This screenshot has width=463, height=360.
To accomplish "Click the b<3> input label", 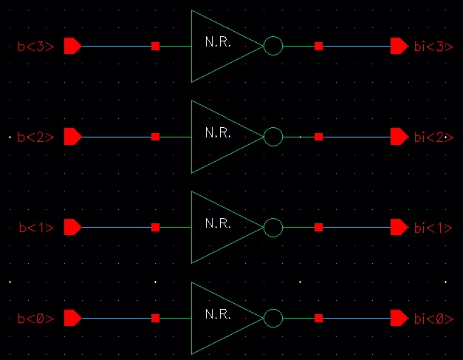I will (35, 46).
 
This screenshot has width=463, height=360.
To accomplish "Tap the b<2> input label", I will (35, 137).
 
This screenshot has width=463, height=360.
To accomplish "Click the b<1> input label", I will (35, 228).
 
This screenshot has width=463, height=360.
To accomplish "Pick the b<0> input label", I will (35, 319).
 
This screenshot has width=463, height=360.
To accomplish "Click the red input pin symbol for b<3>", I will (72, 46).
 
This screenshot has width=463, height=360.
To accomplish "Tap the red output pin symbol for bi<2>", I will (399, 137).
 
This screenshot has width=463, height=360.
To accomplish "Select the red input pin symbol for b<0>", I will (72, 319).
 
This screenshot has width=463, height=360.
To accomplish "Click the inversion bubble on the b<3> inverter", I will (273, 46).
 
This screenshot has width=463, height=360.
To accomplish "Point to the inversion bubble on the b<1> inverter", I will (273, 228).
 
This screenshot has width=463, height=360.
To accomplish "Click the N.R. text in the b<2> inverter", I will (218, 133).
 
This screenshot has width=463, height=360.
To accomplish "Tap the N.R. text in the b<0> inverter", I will (218, 315).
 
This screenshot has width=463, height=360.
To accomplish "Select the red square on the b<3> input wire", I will (155, 46).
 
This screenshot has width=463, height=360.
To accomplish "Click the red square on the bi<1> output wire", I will (318, 228).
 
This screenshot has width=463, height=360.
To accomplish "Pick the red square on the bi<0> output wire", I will (318, 319).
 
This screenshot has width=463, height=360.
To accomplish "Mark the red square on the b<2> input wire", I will (155, 137).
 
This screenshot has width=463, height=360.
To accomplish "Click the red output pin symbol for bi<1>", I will (399, 228).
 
